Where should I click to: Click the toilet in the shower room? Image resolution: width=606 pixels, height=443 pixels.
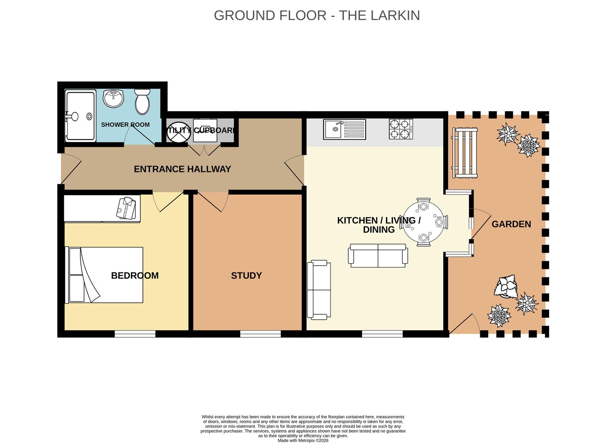click(x=142, y=101)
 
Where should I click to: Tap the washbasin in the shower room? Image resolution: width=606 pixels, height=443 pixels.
click(x=113, y=99)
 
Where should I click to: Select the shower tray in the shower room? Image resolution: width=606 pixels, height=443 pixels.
click(x=80, y=116)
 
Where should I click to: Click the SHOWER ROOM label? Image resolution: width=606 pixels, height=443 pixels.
click(x=125, y=125)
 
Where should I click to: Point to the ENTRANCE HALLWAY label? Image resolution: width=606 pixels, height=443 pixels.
click(x=182, y=169)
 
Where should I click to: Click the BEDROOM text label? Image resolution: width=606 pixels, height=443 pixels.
click(x=134, y=276)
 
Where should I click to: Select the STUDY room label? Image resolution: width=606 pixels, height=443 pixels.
click(x=246, y=276)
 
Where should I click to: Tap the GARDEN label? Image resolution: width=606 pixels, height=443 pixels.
click(x=511, y=224)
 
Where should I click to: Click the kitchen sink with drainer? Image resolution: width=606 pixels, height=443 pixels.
click(x=344, y=129)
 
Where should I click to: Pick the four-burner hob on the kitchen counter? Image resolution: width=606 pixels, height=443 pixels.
click(x=401, y=129)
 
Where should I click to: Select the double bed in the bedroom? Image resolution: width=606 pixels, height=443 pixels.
click(x=105, y=275)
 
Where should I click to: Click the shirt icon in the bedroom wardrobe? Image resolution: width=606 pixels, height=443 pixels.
click(x=125, y=208)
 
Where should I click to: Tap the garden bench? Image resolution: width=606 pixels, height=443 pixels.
click(x=465, y=153)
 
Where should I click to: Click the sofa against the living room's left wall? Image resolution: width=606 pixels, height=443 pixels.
click(x=319, y=290)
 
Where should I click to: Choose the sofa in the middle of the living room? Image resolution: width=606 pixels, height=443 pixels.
click(x=378, y=256)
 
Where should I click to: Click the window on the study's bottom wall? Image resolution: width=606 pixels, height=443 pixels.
click(x=260, y=334)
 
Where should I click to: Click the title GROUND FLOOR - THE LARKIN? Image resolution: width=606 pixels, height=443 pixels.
click(x=317, y=15)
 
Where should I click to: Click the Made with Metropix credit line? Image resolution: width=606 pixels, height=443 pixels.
click(x=303, y=441)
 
